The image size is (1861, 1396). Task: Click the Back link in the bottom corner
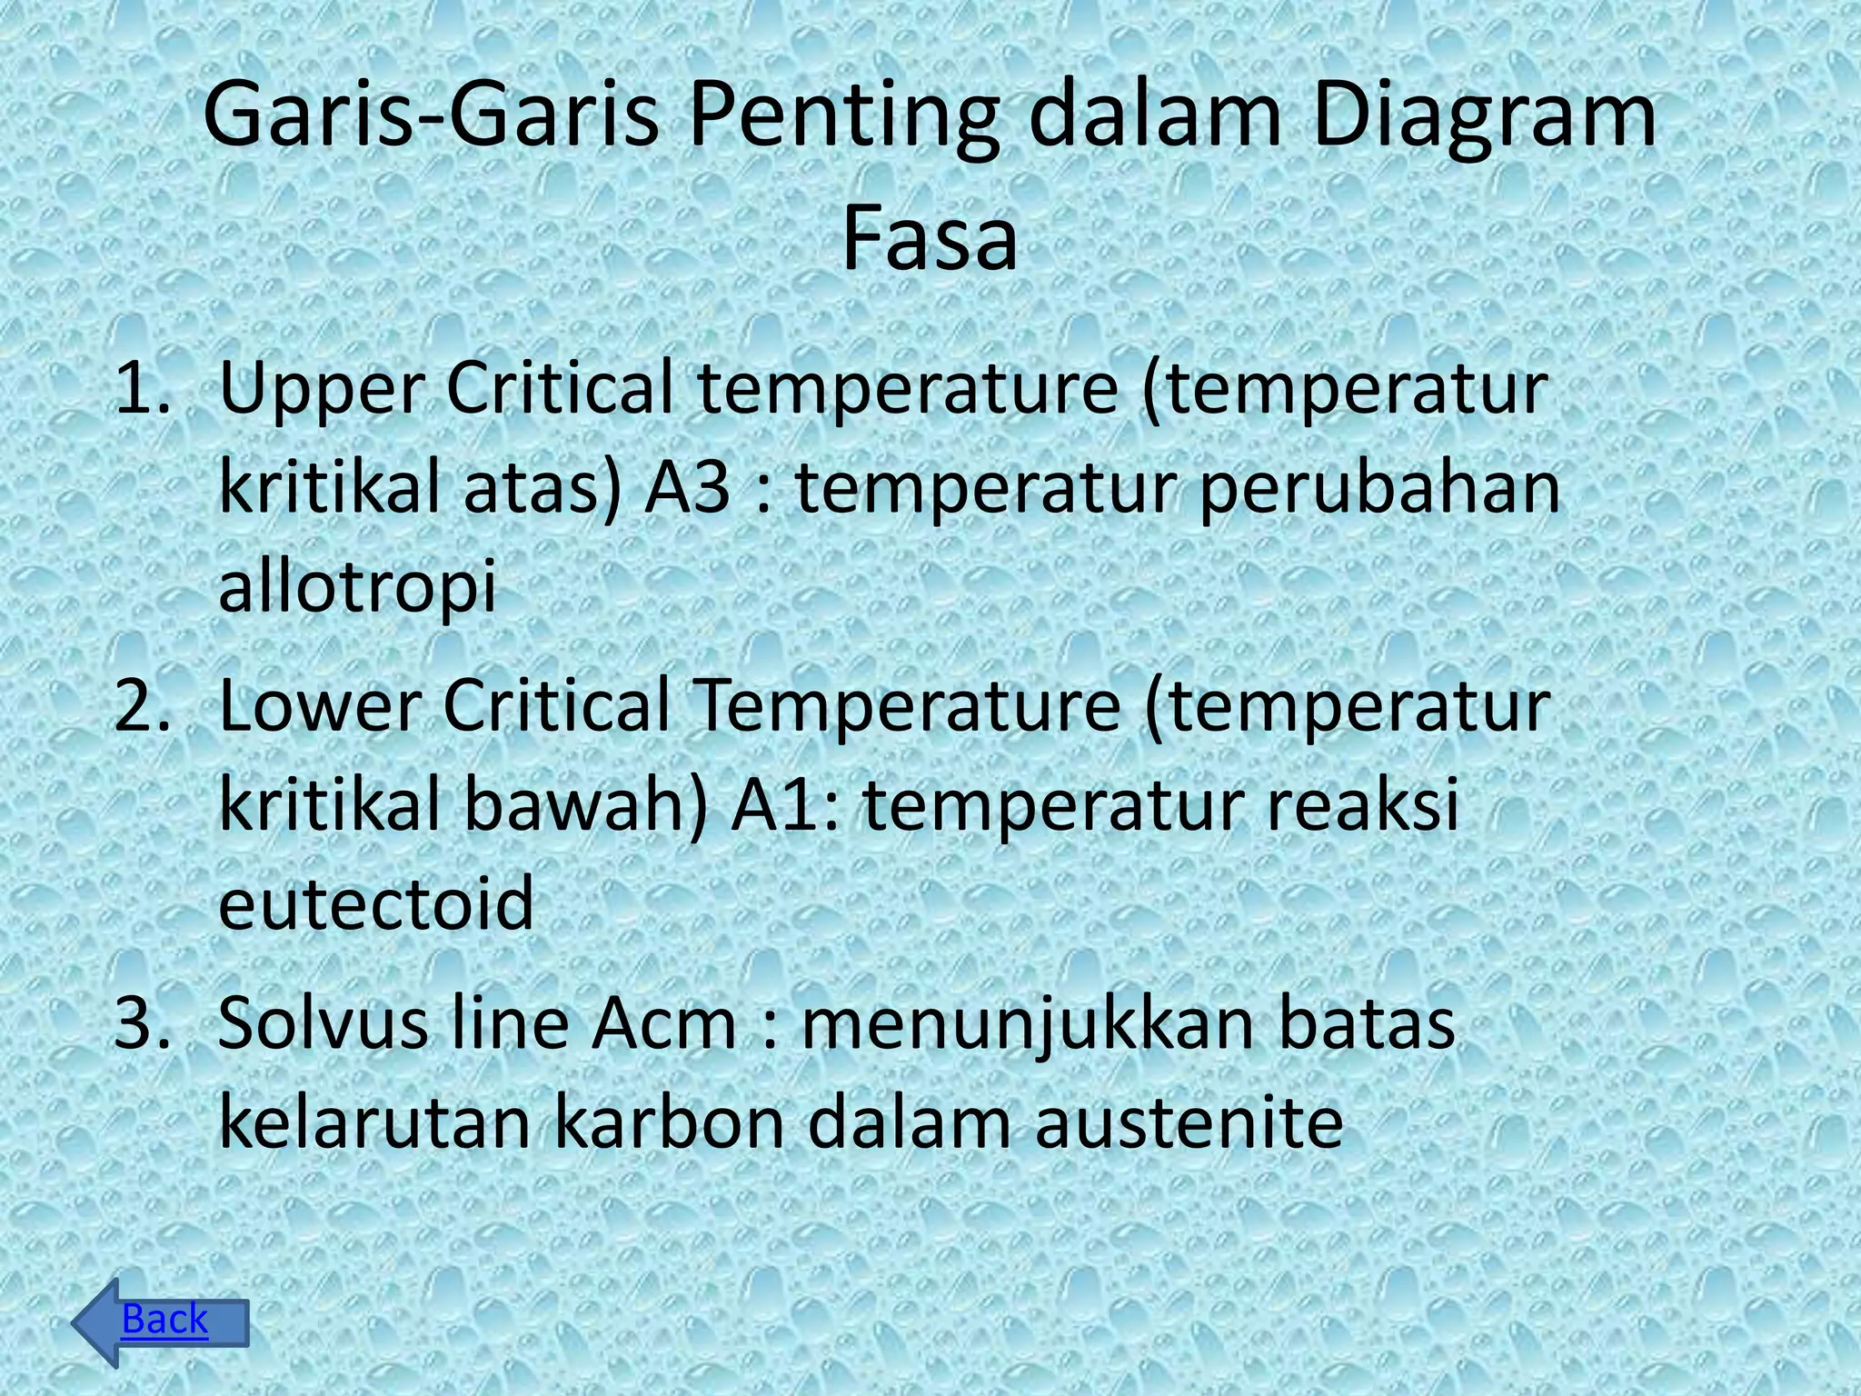pos(164,1319)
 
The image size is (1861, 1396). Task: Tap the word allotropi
pos(358,586)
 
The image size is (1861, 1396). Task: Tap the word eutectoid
pos(376,903)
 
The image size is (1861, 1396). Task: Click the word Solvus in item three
pos(323,1023)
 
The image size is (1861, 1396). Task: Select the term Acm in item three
pos(663,1023)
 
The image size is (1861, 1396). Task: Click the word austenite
pos(1189,1122)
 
